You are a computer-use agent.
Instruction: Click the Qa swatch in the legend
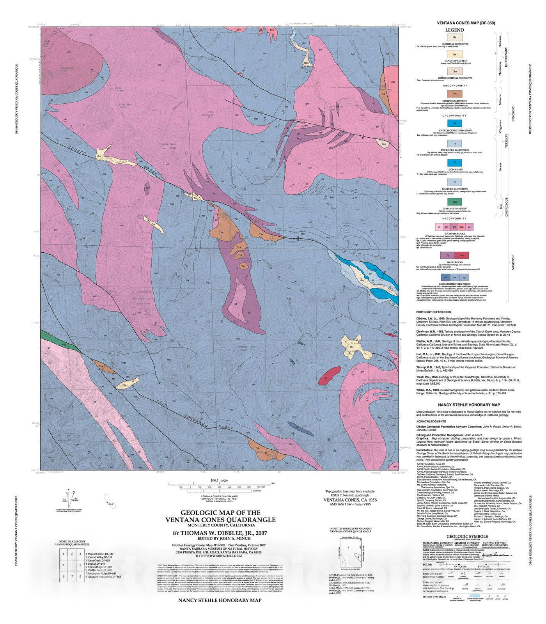pyautogui.click(x=454, y=37)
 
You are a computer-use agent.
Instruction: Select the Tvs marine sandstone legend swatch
pyautogui.click(x=454, y=94)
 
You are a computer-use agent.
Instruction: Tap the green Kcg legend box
pyautogui.click(x=454, y=202)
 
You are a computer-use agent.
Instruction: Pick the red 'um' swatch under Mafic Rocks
pyautogui.click(x=462, y=255)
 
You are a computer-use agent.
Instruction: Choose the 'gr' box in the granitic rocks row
pyautogui.click(x=440, y=227)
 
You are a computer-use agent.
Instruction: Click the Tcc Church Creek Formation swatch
pyautogui.click(x=454, y=123)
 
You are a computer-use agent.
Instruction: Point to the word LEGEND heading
pyautogui.click(x=454, y=30)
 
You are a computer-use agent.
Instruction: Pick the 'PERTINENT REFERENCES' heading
pyautogui.click(x=433, y=312)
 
